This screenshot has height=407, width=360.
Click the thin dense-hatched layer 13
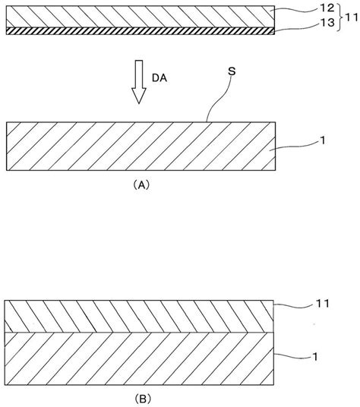point(137,31)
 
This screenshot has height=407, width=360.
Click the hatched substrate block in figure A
point(137,148)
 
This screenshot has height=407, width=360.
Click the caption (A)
point(139,184)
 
